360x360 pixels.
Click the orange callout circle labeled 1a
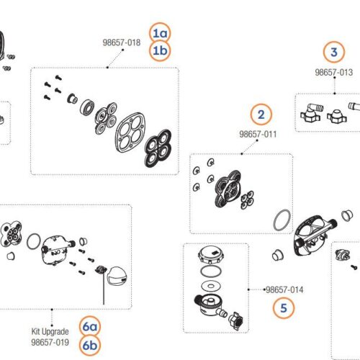click(x=160, y=33)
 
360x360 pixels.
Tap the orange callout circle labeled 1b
click(x=160, y=50)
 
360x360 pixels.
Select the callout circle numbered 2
click(x=261, y=114)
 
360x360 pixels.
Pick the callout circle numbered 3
click(x=333, y=51)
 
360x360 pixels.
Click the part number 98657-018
click(x=121, y=43)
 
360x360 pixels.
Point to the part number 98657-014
click(x=284, y=289)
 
